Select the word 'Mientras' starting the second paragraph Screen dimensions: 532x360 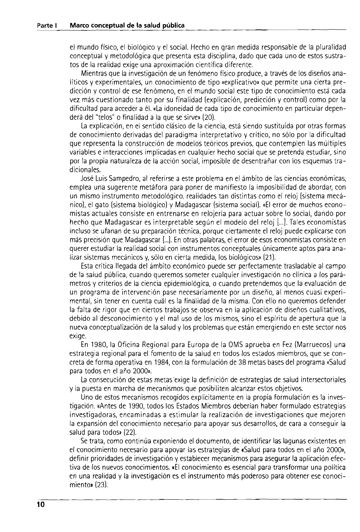(92, 73)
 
